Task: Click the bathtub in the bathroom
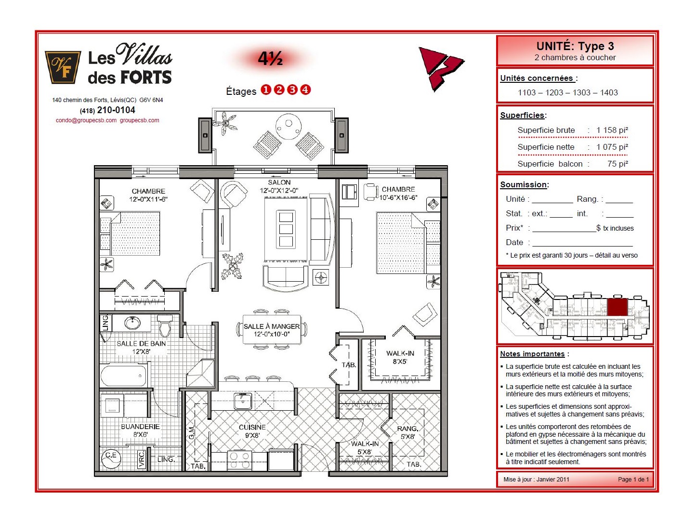point(123,376)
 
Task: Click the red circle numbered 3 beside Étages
point(292,90)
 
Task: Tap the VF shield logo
point(63,67)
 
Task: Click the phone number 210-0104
point(116,110)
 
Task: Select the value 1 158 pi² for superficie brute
point(612,130)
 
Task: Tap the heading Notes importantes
point(532,354)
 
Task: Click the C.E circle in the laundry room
point(111,458)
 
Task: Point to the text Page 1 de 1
point(633,479)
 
